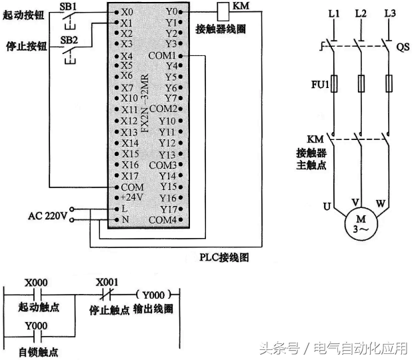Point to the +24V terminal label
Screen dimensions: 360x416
click(131, 198)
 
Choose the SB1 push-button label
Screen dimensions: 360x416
click(69, 5)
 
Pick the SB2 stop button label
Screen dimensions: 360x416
click(69, 39)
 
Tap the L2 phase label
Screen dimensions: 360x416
click(361, 13)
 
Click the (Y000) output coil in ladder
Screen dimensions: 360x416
click(157, 294)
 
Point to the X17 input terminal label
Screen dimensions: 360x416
click(130, 175)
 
